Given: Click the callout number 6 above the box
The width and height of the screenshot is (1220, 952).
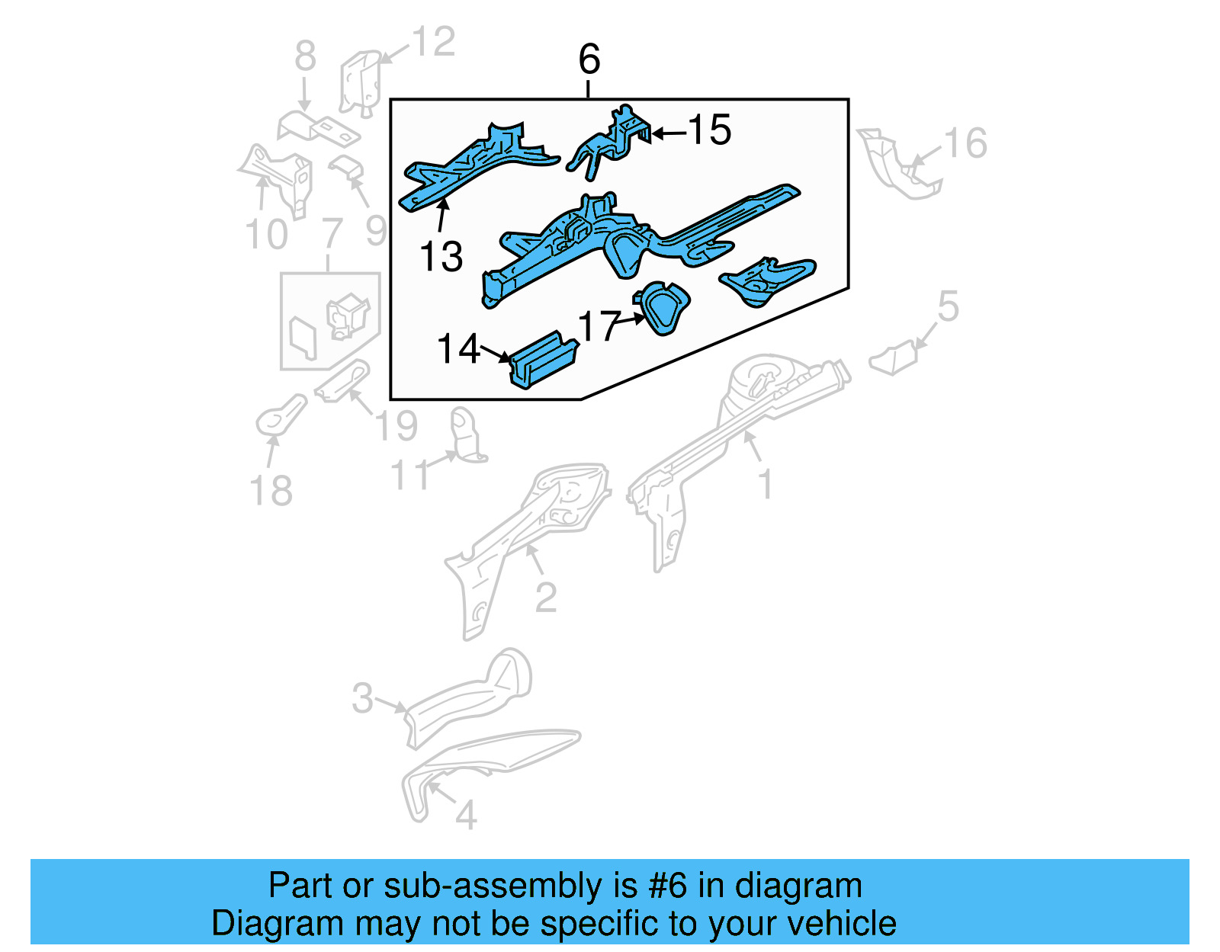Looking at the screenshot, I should click(x=589, y=59).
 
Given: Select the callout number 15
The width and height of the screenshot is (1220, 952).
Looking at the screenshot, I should click(x=710, y=130).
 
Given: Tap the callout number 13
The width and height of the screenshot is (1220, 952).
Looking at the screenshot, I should click(x=441, y=257).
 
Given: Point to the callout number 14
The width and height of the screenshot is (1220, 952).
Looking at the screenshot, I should click(x=458, y=349).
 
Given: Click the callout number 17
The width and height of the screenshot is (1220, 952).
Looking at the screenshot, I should click(x=599, y=327).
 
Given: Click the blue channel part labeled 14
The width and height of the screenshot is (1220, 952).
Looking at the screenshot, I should click(x=543, y=361).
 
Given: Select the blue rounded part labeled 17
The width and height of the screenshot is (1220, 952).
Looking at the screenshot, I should click(x=662, y=308).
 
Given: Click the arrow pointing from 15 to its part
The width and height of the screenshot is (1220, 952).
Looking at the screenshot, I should click(x=669, y=133).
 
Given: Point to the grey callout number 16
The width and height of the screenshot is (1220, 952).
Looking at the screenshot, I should click(x=965, y=143).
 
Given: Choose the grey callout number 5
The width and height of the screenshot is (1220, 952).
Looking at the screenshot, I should click(x=948, y=306).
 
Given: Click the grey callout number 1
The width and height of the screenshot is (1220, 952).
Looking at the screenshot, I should click(x=766, y=485).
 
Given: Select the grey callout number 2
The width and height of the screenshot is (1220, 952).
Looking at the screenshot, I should click(x=546, y=598).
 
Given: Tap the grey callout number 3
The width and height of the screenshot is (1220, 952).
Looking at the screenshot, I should click(x=363, y=697).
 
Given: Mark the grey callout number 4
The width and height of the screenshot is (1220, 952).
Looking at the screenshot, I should click(x=466, y=816).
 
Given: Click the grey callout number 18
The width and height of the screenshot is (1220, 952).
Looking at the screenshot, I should click(x=271, y=491).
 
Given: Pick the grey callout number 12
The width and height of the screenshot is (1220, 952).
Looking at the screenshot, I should click(x=434, y=42).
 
